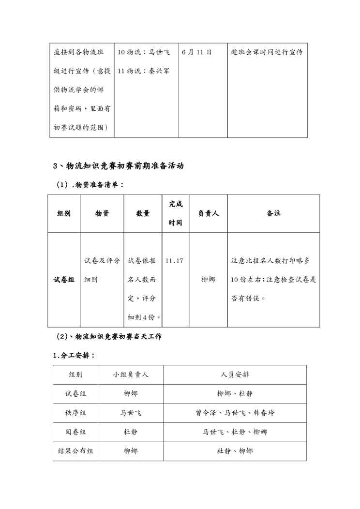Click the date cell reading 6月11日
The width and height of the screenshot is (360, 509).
click(197, 52)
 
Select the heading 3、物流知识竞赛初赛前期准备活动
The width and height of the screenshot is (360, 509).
click(118, 166)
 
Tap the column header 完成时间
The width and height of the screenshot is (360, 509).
click(176, 213)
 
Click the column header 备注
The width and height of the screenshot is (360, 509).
click(273, 213)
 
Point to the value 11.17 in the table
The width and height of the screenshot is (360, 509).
click(174, 261)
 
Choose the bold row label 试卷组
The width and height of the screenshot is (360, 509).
click(64, 280)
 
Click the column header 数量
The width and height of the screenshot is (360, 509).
click(143, 213)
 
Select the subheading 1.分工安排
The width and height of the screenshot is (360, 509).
click(74, 356)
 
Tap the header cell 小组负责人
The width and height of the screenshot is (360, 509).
click(131, 374)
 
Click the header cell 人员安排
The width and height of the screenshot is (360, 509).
click(235, 374)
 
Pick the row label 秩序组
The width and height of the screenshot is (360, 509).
click(76, 413)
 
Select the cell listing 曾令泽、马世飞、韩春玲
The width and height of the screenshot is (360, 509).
click(235, 413)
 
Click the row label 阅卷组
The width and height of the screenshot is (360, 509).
click(76, 432)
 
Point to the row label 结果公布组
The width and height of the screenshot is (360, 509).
click(76, 451)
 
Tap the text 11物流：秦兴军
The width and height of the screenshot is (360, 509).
click(144, 71)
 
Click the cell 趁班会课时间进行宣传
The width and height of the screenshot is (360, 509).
click(267, 52)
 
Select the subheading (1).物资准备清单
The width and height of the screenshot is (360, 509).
click(90, 184)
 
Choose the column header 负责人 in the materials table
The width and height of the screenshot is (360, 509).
click(208, 213)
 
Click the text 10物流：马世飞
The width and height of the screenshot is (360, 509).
click(144, 52)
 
